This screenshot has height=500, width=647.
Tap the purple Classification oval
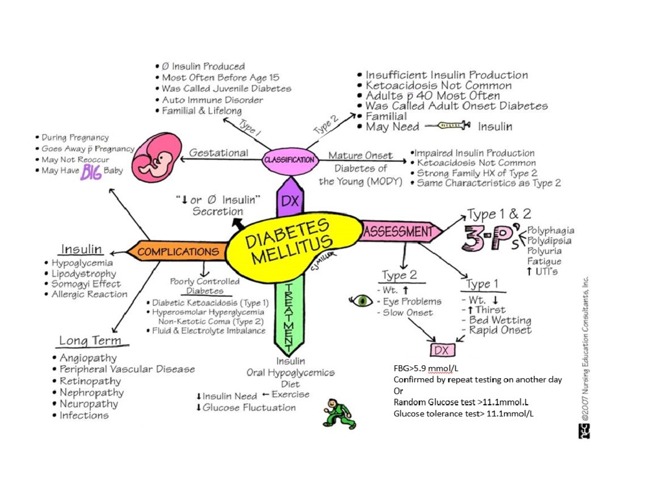tap(290, 160)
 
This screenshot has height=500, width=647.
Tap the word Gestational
tap(218, 153)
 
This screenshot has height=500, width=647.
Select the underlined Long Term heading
tap(90, 341)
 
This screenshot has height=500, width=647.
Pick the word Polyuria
tap(544, 251)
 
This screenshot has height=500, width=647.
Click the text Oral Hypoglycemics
tap(291, 373)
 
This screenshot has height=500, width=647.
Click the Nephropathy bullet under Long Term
tap(91, 393)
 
